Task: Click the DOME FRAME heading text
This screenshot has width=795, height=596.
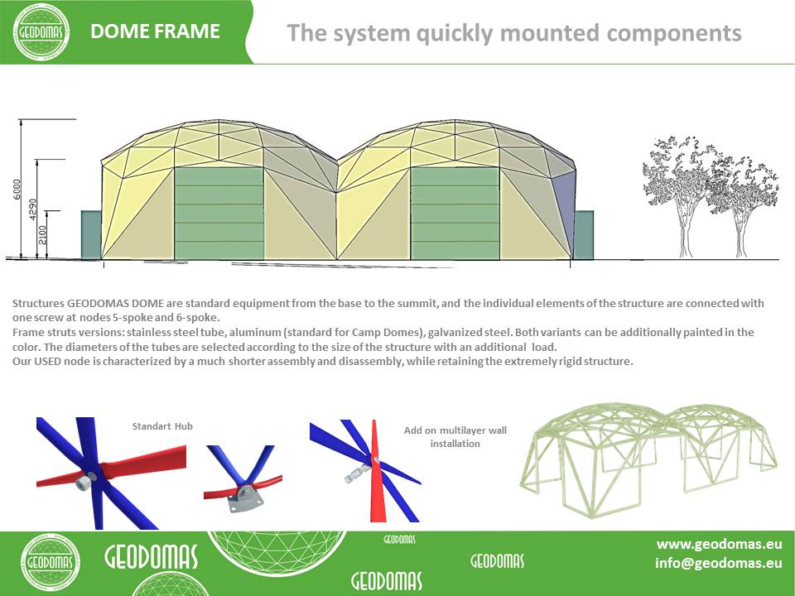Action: [155, 31]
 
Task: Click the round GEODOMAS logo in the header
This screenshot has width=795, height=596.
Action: [41, 32]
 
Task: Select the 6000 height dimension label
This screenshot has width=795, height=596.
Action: [17, 189]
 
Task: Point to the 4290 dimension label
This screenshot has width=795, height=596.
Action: [33, 209]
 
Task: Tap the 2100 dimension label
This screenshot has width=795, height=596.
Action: [42, 234]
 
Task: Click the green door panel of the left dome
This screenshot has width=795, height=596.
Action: [219, 214]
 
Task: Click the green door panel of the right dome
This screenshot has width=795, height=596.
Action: [455, 214]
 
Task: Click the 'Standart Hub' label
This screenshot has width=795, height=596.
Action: [162, 426]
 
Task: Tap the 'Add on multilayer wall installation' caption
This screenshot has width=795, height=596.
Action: [455, 437]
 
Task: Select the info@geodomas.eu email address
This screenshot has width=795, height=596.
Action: [719, 563]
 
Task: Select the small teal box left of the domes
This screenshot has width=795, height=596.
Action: [91, 235]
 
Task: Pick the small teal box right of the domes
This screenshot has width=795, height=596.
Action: [584, 235]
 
